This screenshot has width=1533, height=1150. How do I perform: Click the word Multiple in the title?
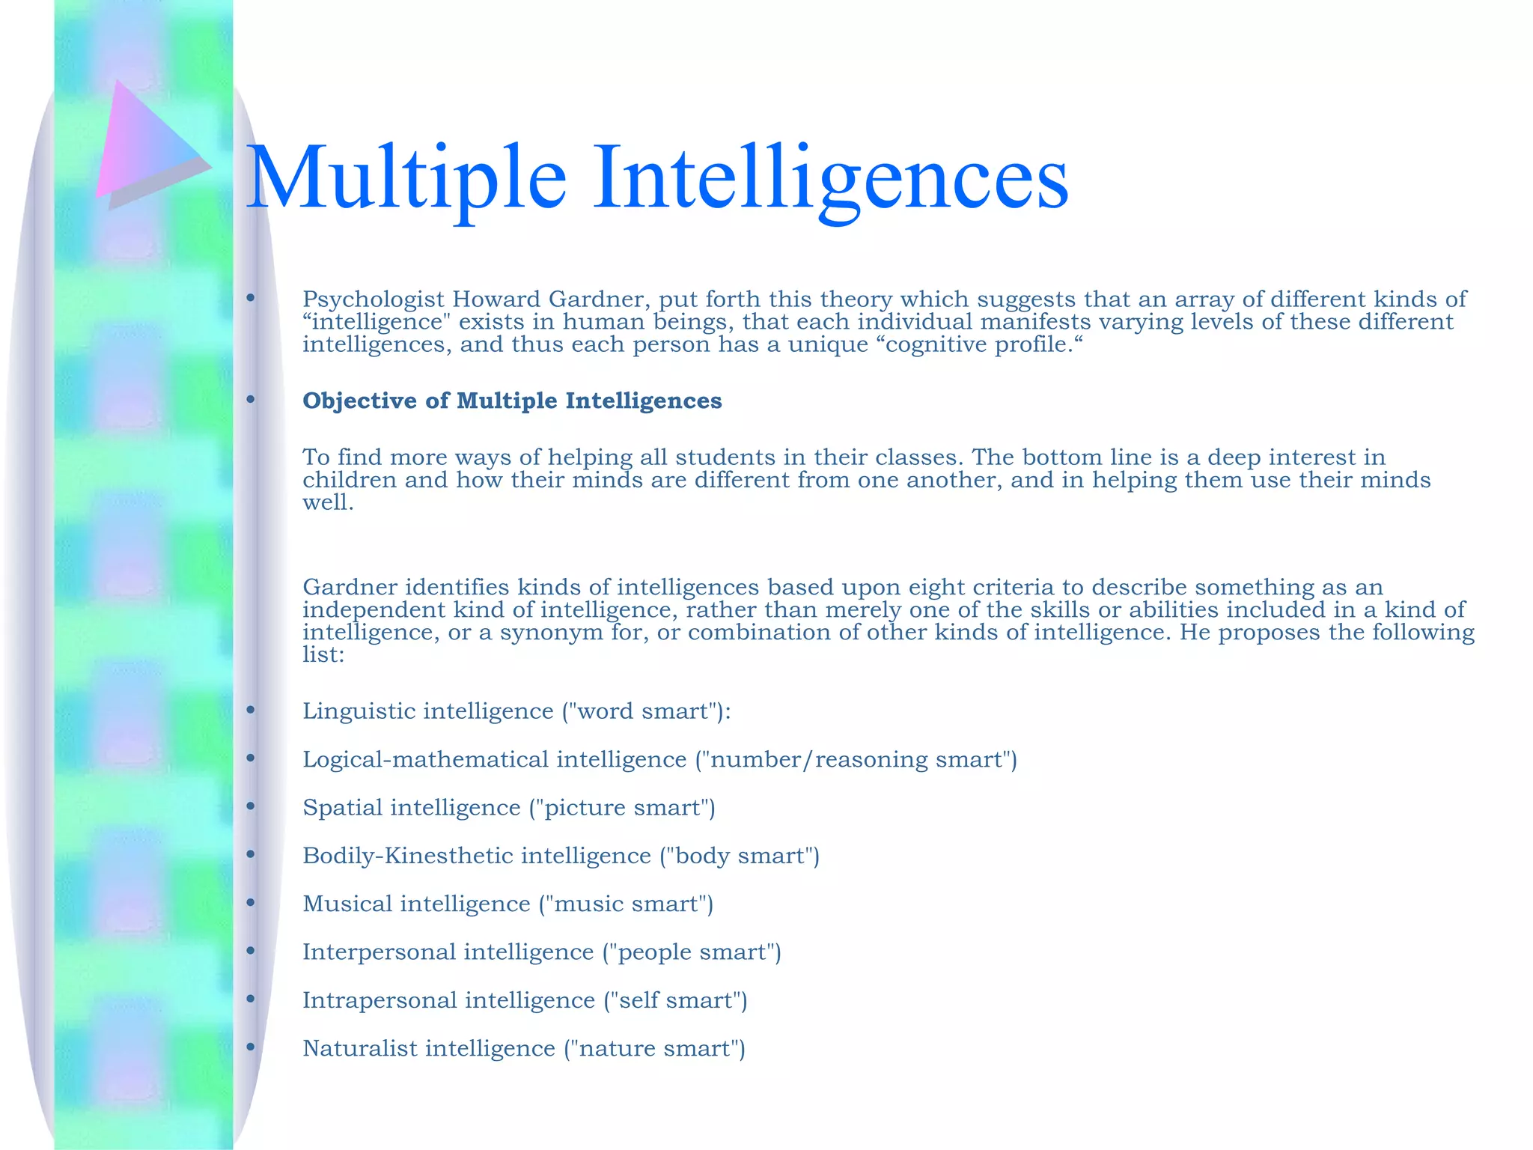(x=406, y=177)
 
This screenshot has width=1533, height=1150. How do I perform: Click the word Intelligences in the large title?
(x=831, y=177)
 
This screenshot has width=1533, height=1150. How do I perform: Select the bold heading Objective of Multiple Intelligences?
(x=512, y=401)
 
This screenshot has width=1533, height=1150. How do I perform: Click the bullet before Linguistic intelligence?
(x=251, y=710)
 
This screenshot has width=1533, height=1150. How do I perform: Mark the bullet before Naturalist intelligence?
(x=251, y=1047)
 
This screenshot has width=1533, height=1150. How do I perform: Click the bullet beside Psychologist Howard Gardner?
(x=251, y=299)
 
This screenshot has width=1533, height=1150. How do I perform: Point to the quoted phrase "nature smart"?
(x=654, y=1048)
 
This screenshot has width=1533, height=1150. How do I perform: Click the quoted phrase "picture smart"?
(x=621, y=807)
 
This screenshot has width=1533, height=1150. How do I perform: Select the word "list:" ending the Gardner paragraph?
(x=323, y=655)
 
